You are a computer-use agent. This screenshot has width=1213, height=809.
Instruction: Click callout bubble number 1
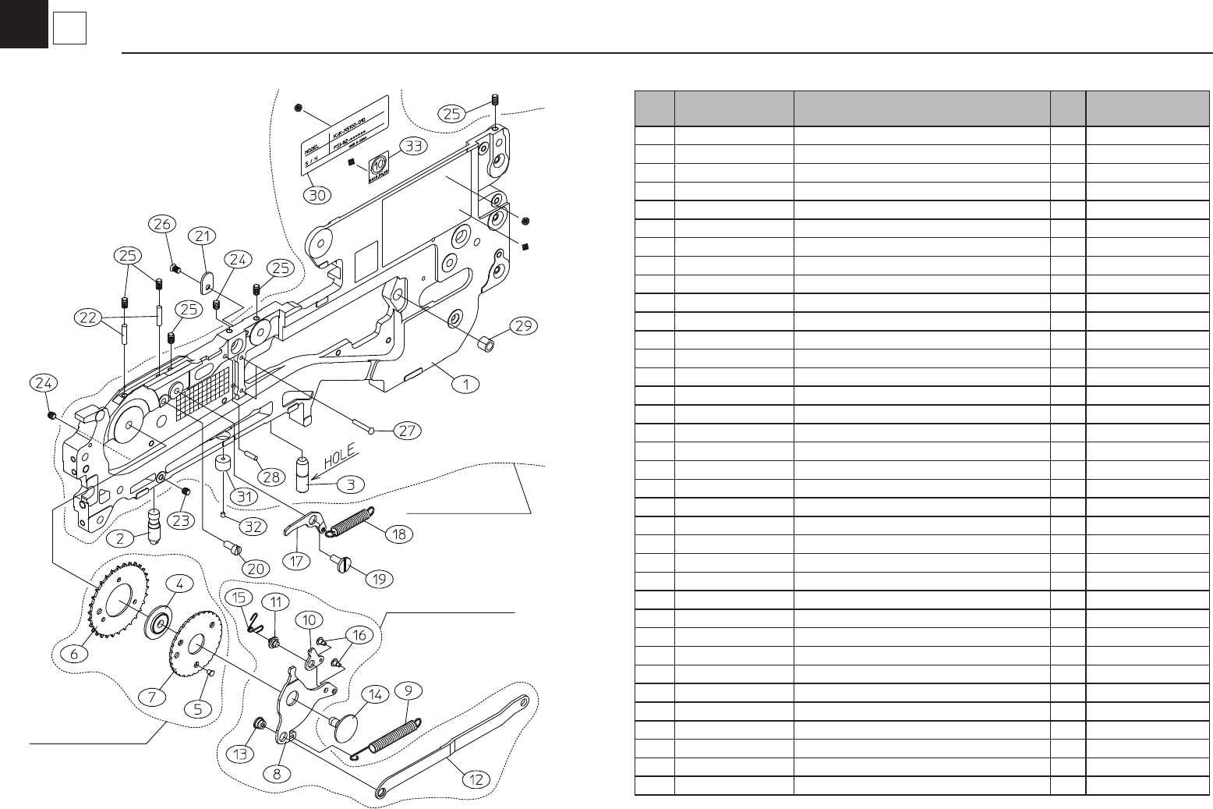pos(466,384)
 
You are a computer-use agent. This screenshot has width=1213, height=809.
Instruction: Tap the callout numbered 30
pos(317,195)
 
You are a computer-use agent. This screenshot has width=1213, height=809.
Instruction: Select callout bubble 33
pos(412,146)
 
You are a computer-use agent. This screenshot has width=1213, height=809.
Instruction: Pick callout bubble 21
pos(204,236)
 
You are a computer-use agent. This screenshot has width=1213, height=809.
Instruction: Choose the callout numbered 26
pos(161,225)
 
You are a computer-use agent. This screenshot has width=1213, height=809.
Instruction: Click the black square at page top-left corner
pos(23,23)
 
